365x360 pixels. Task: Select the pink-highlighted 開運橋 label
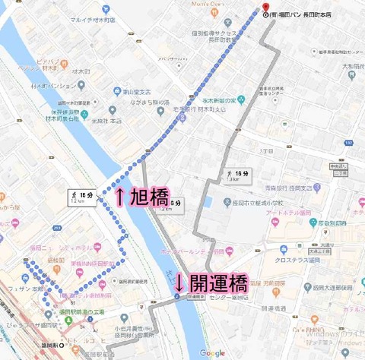pyautogui.click(x=219, y=284)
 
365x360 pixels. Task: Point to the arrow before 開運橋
pyautogui.click(x=179, y=284)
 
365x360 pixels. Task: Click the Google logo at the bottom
pyautogui.click(x=213, y=353)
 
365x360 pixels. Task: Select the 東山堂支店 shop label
pyautogui.click(x=138, y=90)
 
